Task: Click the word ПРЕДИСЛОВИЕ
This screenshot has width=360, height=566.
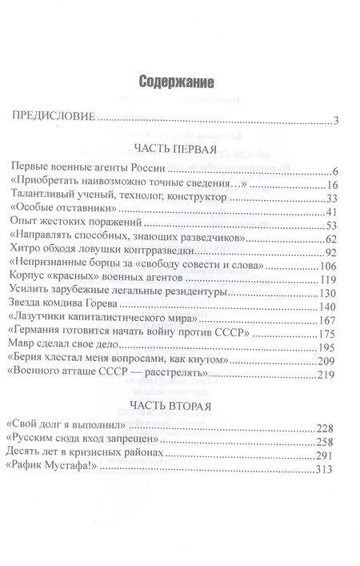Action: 52,120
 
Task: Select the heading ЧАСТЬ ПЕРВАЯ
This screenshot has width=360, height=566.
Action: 175,149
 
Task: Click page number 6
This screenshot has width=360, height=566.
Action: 338,171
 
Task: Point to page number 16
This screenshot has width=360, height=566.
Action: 334,185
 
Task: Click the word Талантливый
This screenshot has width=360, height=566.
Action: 46,199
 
